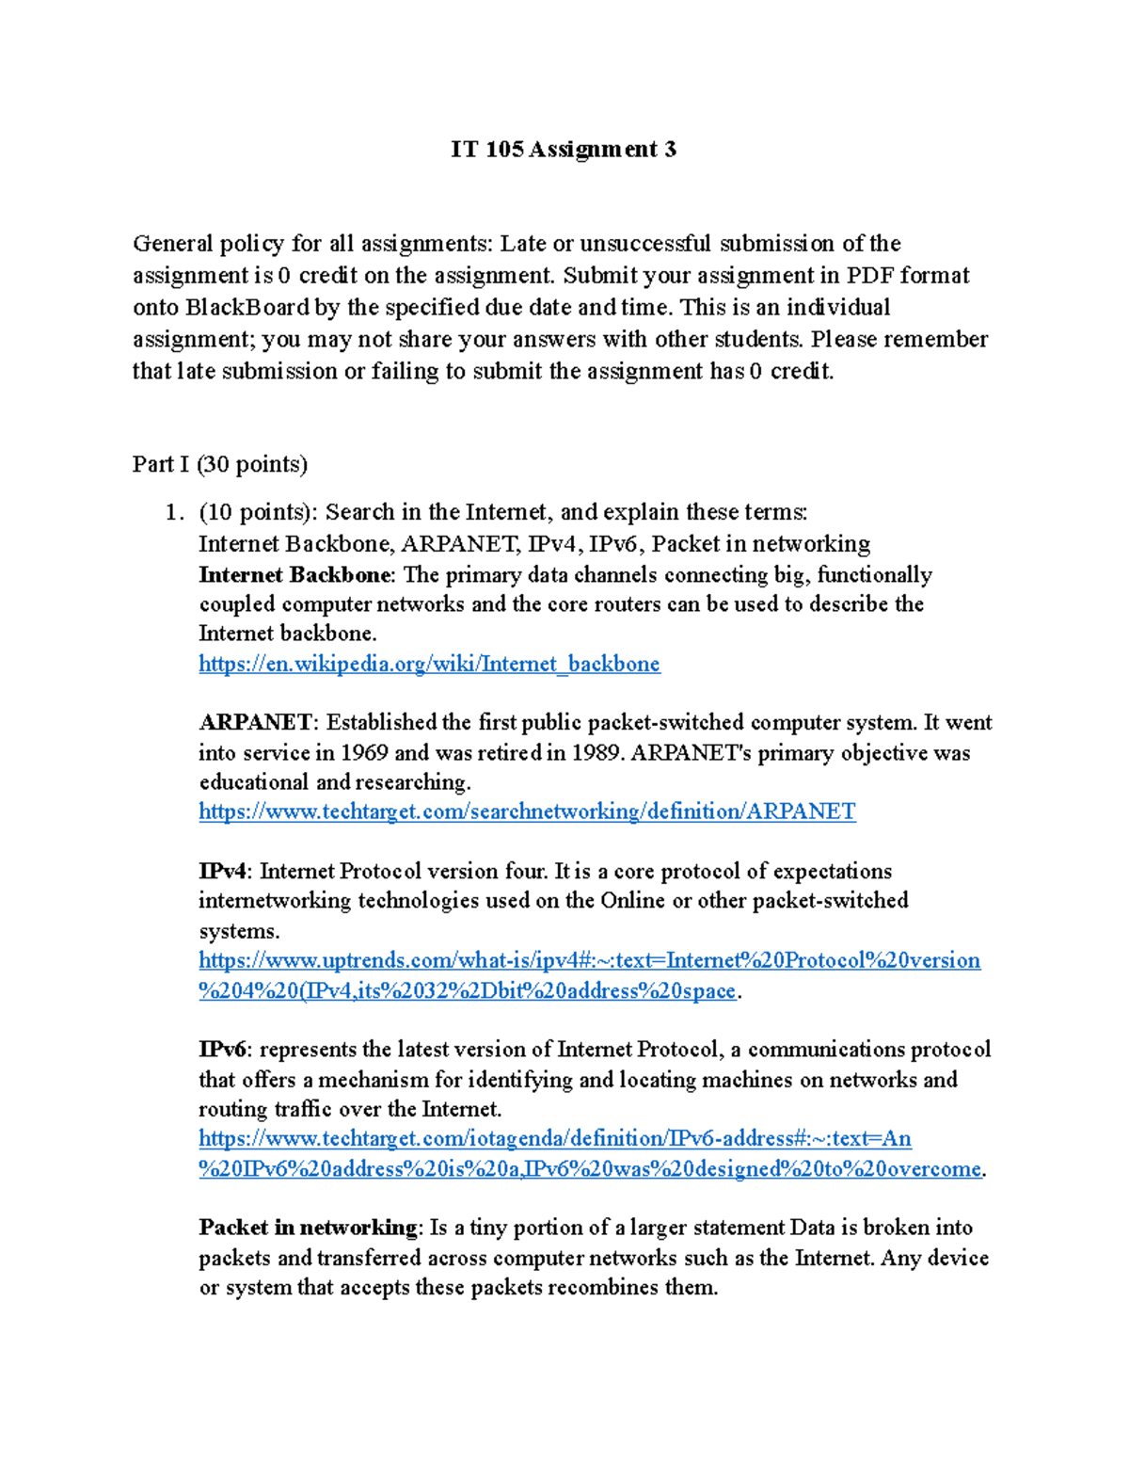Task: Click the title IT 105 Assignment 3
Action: click(563, 150)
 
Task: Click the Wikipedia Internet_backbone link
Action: click(429, 664)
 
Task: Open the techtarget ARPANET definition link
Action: click(527, 811)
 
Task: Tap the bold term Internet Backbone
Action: click(294, 575)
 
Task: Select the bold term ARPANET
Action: click(255, 723)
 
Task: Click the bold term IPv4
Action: click(223, 872)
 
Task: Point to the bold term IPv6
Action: click(223, 1050)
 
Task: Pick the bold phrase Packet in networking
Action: click(308, 1228)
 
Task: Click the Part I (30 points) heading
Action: click(220, 464)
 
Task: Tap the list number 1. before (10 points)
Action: click(172, 512)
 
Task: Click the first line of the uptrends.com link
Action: click(589, 960)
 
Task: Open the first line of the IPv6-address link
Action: click(555, 1139)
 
